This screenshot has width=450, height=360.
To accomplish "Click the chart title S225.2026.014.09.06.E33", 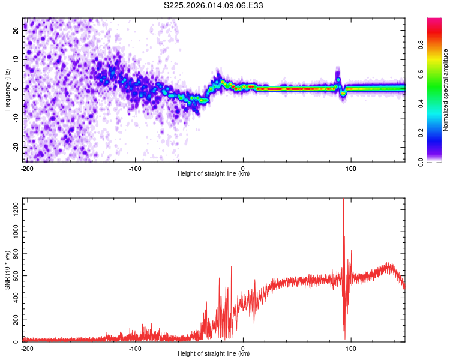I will point(214,5).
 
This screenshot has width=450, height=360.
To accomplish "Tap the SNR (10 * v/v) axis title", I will point(7,270).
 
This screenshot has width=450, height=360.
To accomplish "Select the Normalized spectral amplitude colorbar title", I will point(445,90).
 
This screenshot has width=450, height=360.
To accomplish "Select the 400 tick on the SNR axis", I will point(14,298).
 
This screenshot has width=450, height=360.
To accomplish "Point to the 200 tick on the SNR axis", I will point(14,320).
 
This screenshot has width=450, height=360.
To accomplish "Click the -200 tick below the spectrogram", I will point(26,168).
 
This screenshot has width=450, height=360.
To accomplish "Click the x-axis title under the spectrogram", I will point(214,174).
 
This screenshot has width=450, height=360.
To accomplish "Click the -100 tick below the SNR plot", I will point(134,348).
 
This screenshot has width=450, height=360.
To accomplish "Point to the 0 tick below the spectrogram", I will point(243,168).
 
